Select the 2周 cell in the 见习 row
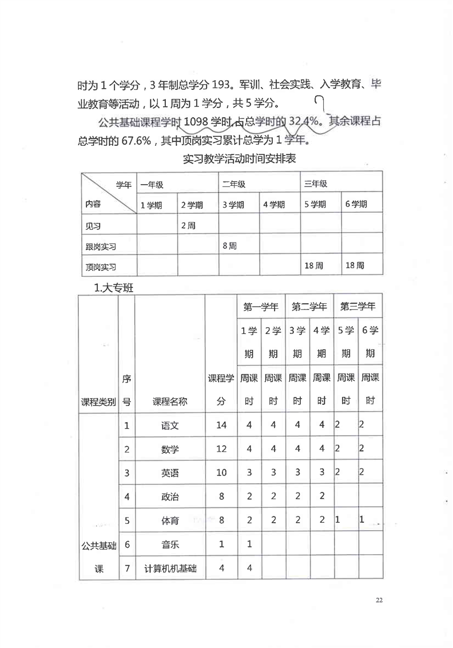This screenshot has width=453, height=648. [x=188, y=225]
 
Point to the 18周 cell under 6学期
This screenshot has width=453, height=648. [x=355, y=265]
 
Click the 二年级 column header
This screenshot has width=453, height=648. [x=234, y=184]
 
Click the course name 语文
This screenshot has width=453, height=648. [x=170, y=425]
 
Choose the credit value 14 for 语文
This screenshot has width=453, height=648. [x=221, y=425]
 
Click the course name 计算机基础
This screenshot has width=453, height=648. [x=170, y=569]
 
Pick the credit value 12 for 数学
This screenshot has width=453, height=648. [x=221, y=449]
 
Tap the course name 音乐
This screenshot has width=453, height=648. [x=170, y=544]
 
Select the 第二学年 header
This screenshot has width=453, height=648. [x=309, y=307]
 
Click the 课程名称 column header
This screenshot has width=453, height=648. [x=170, y=401]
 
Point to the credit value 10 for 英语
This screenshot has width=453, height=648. [x=221, y=473]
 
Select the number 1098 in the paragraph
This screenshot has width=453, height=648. [x=197, y=122]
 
